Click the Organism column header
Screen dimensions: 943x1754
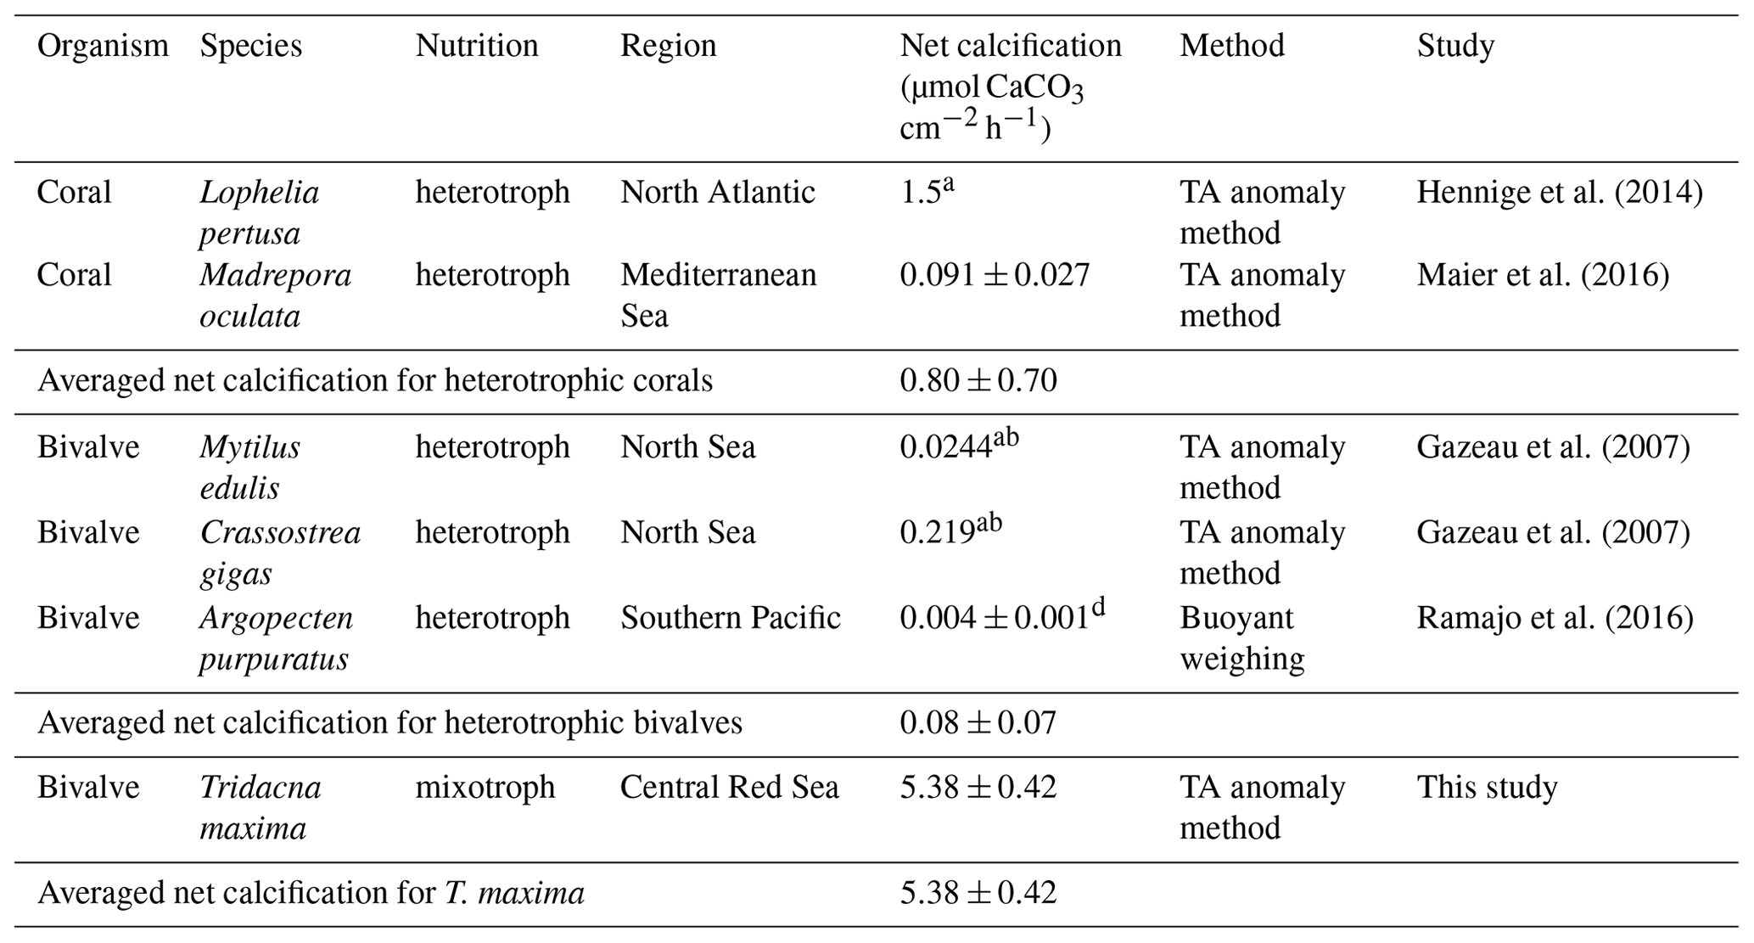click(x=103, y=46)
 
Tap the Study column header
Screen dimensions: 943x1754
click(x=1454, y=46)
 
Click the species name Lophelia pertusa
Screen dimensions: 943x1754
click(x=259, y=212)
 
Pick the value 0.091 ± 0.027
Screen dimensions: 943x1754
click(x=994, y=276)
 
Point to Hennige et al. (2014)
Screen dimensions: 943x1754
click(x=1559, y=193)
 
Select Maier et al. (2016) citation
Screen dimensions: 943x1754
click(x=1542, y=276)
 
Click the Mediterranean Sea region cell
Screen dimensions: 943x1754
click(x=717, y=295)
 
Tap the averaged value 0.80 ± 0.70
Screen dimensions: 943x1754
click(x=978, y=381)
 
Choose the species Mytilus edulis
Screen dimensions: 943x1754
click(x=249, y=467)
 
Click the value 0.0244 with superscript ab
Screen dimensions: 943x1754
click(x=958, y=446)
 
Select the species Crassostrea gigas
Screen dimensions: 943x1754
click(x=279, y=553)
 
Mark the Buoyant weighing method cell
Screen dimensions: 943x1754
click(x=1241, y=638)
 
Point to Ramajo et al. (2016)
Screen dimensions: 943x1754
click(x=1554, y=618)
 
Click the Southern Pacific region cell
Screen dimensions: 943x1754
click(x=730, y=618)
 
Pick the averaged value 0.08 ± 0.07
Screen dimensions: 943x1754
click(x=978, y=723)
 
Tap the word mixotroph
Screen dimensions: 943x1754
click(x=485, y=788)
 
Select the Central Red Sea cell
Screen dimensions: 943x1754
click(x=728, y=788)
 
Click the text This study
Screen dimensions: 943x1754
click(x=1487, y=788)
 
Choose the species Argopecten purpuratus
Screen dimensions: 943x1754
click(x=276, y=638)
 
